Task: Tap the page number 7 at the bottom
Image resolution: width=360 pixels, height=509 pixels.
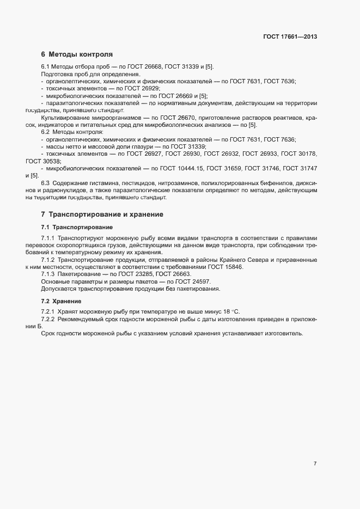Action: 315,463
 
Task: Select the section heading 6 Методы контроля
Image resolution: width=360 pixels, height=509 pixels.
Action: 77,54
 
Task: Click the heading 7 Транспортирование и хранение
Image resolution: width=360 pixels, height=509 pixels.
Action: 102,214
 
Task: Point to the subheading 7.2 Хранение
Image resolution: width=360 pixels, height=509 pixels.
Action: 62,301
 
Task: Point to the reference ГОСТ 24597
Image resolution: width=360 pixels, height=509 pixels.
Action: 193,281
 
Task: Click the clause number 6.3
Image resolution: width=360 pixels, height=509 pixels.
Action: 46,183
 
